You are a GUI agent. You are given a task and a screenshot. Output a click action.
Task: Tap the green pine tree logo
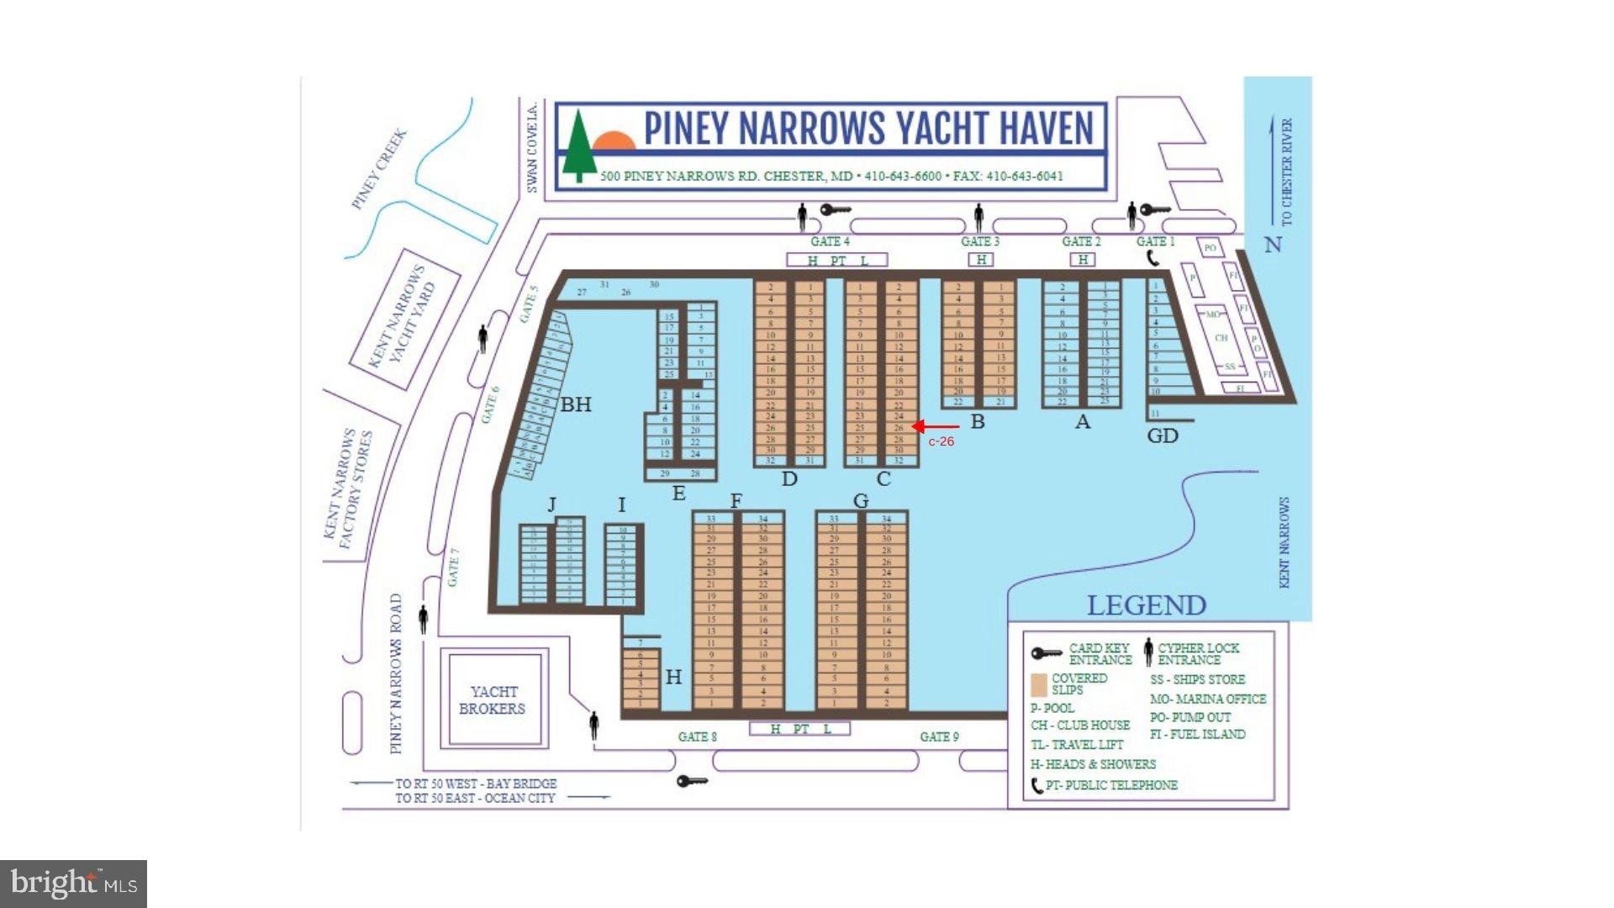(x=578, y=147)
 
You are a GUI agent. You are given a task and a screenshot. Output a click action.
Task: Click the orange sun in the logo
(x=614, y=140)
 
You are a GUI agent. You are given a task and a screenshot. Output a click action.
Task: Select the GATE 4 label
(x=830, y=241)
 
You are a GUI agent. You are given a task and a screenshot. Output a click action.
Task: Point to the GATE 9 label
(x=939, y=736)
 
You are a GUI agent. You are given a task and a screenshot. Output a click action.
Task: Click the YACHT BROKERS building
(x=493, y=699)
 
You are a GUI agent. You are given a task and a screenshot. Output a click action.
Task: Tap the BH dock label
(x=576, y=404)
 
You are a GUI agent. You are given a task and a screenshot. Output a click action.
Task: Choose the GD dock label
(x=1163, y=436)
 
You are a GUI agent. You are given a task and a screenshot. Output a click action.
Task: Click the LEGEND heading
(x=1146, y=605)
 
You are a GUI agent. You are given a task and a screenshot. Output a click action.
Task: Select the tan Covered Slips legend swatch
(x=1039, y=684)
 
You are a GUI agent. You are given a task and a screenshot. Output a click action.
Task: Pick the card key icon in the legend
(x=1047, y=653)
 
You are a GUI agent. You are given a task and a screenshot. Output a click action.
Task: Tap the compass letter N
(x=1273, y=245)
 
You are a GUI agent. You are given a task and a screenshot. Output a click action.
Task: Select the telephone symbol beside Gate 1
(x=1153, y=257)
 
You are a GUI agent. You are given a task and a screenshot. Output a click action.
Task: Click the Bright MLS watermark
(x=74, y=884)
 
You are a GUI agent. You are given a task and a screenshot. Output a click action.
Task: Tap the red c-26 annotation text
(x=941, y=441)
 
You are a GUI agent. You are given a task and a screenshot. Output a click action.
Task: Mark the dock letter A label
(x=1083, y=422)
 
